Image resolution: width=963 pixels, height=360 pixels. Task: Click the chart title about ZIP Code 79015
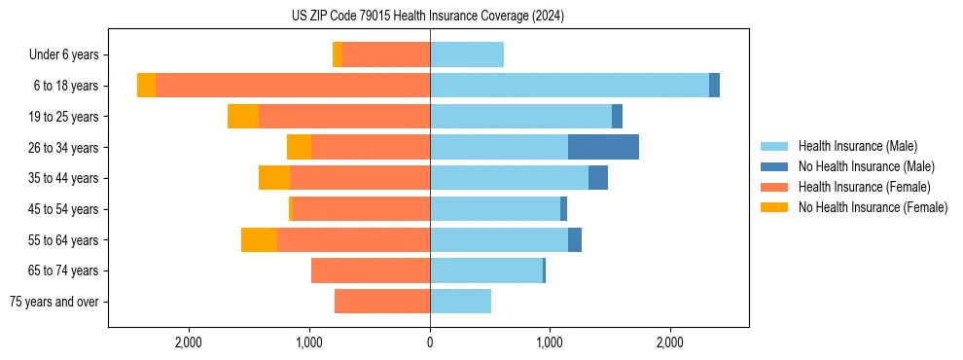[428, 17]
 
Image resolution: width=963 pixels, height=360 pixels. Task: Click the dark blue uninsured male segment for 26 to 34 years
[603, 147]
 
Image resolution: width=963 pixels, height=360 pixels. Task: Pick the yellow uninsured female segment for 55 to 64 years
[259, 239]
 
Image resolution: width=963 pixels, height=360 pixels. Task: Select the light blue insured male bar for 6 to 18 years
[569, 86]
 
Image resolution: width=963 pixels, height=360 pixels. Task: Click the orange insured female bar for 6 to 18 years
[292, 86]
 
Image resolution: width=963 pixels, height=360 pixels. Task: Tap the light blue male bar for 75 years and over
[460, 302]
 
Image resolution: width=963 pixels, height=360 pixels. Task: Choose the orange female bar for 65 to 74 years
[371, 270]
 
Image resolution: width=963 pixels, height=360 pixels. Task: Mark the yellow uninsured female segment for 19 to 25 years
[243, 117]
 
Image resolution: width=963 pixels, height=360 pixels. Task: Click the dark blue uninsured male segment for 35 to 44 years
[598, 178]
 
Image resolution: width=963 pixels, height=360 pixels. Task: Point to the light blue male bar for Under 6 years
[467, 54]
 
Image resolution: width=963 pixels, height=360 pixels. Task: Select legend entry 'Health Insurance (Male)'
[857, 146]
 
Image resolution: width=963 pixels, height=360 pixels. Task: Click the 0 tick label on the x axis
[430, 342]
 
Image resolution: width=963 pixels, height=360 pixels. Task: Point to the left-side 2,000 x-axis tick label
[188, 342]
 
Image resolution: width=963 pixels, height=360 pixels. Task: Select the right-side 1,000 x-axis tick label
[550, 342]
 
